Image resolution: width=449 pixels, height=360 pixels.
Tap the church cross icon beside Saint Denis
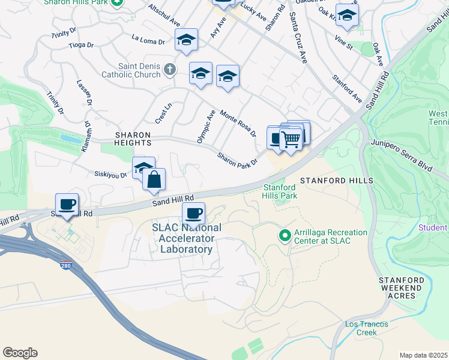tap(170, 70)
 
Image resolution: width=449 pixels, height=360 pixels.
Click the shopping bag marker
tap(154, 179)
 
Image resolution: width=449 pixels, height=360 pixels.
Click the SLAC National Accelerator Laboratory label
tap(186, 238)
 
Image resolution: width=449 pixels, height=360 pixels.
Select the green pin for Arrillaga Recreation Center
tap(286, 235)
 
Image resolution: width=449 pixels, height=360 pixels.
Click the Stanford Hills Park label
tap(280, 191)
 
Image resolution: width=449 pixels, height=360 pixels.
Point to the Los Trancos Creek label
tap(366, 328)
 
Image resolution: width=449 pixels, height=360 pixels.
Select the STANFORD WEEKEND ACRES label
tap(405, 288)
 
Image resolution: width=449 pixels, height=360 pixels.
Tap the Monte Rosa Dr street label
tap(238, 123)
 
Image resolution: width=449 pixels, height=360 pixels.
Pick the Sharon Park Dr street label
tap(237, 159)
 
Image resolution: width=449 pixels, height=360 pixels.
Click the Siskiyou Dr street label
tap(110, 175)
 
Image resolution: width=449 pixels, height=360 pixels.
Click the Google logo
tap(20, 353)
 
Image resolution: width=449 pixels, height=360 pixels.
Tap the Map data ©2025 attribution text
tap(423, 355)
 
